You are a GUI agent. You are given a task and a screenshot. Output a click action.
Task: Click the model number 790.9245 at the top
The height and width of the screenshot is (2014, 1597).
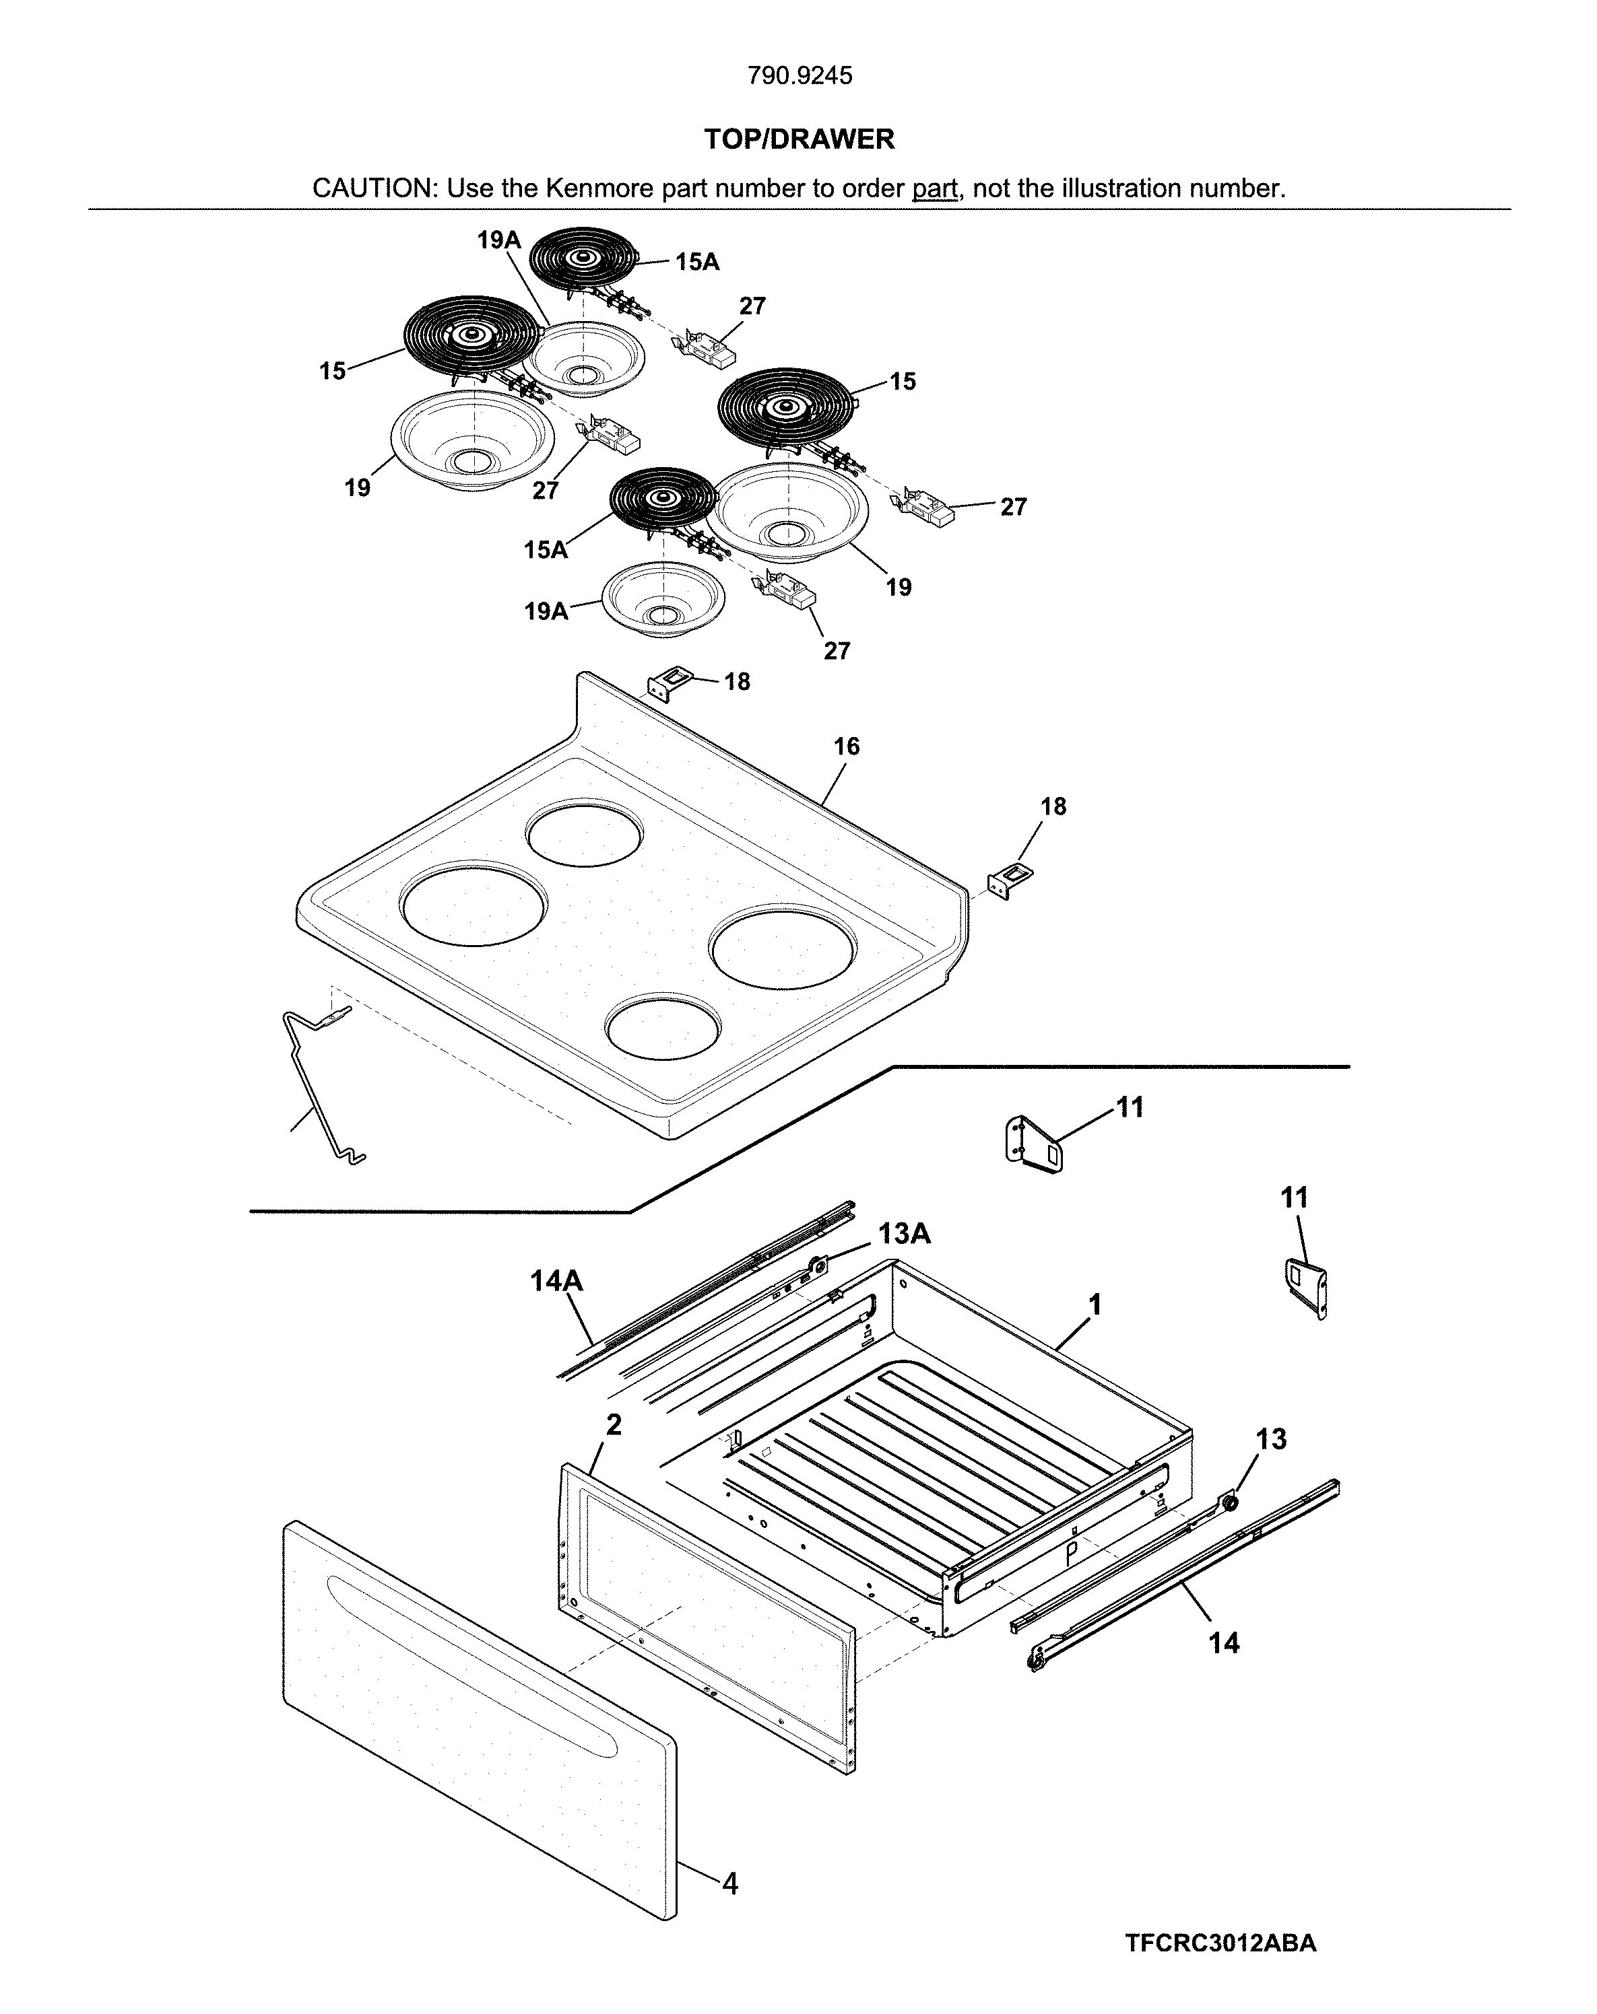(799, 75)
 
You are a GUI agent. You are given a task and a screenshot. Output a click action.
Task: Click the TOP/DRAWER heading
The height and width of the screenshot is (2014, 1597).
(799, 139)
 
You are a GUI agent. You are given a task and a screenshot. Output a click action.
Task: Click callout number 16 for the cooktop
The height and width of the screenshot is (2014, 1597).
(846, 746)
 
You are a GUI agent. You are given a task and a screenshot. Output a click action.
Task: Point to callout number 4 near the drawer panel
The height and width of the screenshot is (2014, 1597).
(730, 1884)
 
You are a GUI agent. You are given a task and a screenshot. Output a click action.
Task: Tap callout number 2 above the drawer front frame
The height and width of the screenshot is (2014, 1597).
(613, 1424)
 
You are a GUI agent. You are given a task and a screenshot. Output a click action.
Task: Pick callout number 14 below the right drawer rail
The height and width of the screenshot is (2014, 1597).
(1223, 1642)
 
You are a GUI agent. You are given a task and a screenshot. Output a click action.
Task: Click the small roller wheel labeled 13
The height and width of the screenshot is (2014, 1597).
(1230, 1503)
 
